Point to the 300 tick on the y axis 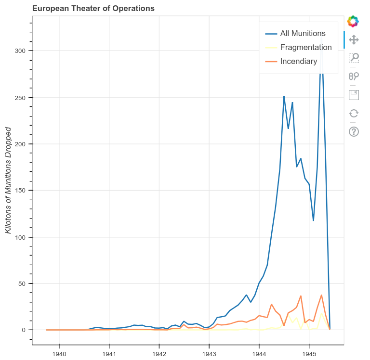point(20,51)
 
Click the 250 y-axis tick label point(20,98)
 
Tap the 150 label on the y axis point(20,191)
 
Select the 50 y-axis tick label point(22,283)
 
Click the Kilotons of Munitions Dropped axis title point(8,180)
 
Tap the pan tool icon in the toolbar point(354,39)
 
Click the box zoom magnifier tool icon point(354,58)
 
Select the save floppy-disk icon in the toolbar point(354,94)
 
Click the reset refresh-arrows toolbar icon point(354,113)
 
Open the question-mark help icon point(354,131)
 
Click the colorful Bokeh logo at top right point(353,21)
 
